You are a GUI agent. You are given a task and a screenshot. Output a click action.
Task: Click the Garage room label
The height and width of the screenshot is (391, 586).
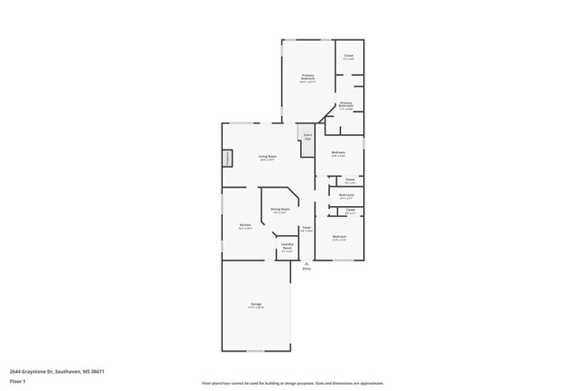coord(256,305)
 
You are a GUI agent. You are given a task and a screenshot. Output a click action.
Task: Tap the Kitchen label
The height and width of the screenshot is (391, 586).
coord(244,226)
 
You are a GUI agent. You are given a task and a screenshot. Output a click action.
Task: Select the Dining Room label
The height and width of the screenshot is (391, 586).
coord(280,210)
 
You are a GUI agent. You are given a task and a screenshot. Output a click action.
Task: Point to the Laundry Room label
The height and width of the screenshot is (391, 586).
coord(287,247)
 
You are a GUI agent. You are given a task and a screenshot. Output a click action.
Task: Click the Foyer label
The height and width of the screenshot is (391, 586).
coord(307,229)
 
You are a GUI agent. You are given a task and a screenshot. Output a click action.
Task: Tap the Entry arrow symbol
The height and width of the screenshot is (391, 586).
coord(307,262)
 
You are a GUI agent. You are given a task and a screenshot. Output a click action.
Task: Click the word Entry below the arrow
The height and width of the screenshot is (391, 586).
coord(307,269)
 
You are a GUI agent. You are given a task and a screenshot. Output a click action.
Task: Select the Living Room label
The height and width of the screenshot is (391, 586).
coord(267,157)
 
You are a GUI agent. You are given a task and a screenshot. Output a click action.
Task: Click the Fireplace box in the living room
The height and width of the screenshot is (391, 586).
coord(227,158)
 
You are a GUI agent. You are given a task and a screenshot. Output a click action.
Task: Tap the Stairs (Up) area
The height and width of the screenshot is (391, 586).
coord(307,138)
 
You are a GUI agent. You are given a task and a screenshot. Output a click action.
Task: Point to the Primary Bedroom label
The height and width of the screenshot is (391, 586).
coord(307,78)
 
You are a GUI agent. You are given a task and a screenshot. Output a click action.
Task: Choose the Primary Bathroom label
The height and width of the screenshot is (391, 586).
coord(345,105)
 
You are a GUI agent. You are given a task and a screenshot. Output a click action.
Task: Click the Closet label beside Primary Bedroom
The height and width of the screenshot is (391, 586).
coord(348,58)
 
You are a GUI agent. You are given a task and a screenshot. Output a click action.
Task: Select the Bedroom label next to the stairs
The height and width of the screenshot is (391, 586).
coord(338,154)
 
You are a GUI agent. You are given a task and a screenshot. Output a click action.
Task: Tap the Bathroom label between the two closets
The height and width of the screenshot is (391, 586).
coord(346,196)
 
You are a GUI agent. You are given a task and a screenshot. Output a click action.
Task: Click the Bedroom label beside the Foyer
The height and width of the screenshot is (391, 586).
coord(339,238)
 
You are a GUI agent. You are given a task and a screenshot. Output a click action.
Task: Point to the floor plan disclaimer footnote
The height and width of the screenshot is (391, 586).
coord(292,383)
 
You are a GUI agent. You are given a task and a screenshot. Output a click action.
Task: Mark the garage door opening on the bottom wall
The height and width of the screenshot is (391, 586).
coord(255,351)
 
